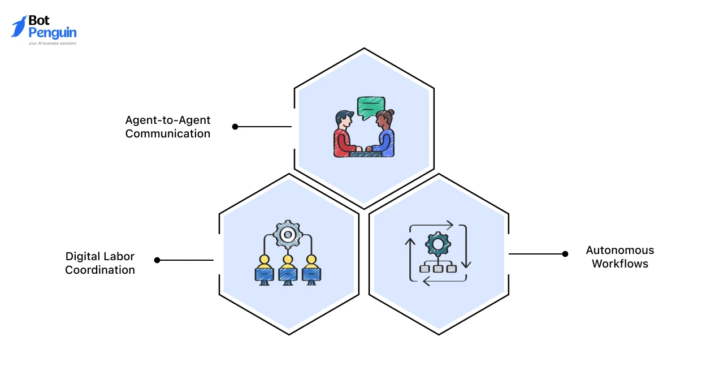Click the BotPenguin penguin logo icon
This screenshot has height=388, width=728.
point(19,27)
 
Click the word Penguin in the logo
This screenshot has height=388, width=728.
point(52,33)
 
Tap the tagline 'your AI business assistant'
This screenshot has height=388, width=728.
point(52,43)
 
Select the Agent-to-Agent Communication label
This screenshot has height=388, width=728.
point(168,127)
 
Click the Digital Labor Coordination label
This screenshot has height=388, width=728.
point(100,263)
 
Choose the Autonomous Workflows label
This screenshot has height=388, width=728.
point(620,257)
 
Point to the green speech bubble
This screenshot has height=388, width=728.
point(371,105)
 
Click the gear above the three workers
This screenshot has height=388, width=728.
point(288,234)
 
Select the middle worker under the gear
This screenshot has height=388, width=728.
point(288,270)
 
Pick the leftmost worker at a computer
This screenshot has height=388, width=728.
point(264,270)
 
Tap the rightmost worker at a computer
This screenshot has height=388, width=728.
point(310,270)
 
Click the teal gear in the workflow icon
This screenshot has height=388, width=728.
point(437,244)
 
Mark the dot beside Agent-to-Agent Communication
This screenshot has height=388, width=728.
point(235,127)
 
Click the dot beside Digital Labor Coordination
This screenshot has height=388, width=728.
point(157,260)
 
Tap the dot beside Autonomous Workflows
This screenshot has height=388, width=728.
point(565,254)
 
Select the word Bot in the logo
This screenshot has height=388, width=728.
point(40,21)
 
